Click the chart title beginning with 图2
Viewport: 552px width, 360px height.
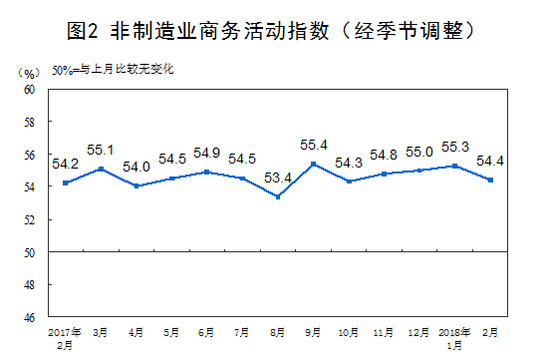pyautogui.click(x=275, y=31)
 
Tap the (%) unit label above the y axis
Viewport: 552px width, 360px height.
pyautogui.click(x=28, y=75)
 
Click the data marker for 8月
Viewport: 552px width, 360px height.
pyautogui.click(x=277, y=196)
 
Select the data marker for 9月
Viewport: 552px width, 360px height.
pyautogui.click(x=314, y=164)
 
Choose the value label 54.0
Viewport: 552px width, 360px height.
pyautogui.click(x=136, y=168)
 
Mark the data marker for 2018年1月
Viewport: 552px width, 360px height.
pyautogui.click(x=454, y=166)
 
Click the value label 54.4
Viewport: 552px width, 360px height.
pyautogui.click(x=489, y=160)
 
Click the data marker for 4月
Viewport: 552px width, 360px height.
pyautogui.click(x=137, y=186)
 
